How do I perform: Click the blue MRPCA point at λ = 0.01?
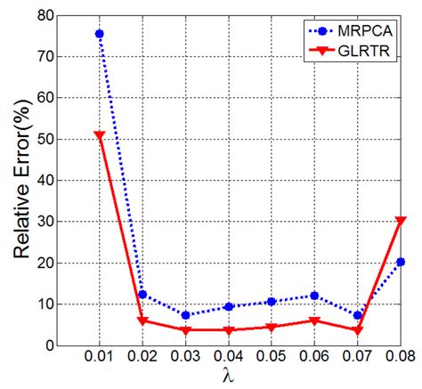click(x=99, y=34)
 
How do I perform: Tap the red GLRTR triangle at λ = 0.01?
click(x=99, y=135)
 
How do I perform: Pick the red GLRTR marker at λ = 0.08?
click(x=401, y=221)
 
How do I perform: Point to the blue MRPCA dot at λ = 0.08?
click(x=401, y=262)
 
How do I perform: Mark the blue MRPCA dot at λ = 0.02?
click(x=142, y=295)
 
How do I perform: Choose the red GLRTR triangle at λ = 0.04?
click(x=229, y=330)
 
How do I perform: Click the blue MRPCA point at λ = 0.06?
click(x=314, y=296)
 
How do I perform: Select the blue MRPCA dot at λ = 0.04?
click(x=229, y=306)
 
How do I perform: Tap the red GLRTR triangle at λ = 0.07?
click(x=358, y=330)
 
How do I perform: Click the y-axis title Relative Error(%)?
click(x=21, y=178)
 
